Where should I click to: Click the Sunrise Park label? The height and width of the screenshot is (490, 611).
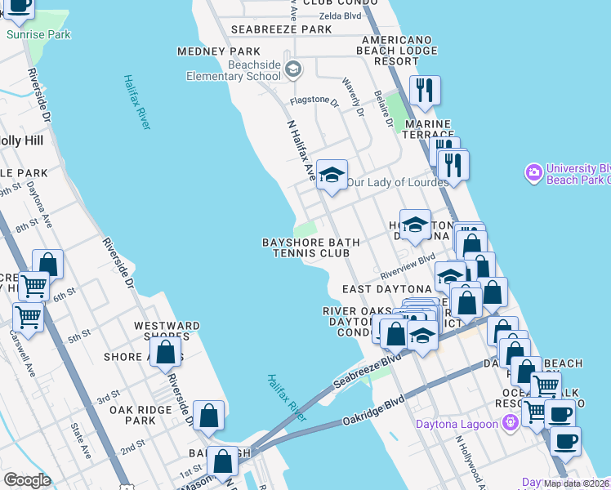tap(38, 35)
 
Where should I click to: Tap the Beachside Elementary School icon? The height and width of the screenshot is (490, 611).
tap(292, 70)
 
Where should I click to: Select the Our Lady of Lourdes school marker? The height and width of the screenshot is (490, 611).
tap(332, 174)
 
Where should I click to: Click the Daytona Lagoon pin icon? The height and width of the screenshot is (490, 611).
tap(511, 423)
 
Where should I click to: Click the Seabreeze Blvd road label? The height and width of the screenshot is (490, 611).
tap(368, 372)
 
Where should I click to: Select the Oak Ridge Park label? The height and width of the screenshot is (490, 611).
tap(132, 415)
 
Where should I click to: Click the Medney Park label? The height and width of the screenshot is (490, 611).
tap(207, 51)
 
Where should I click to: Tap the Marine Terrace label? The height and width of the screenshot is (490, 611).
tap(429, 129)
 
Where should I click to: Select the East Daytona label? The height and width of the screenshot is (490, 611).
tap(386, 289)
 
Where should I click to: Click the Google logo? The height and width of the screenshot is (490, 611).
tap(26, 480)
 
